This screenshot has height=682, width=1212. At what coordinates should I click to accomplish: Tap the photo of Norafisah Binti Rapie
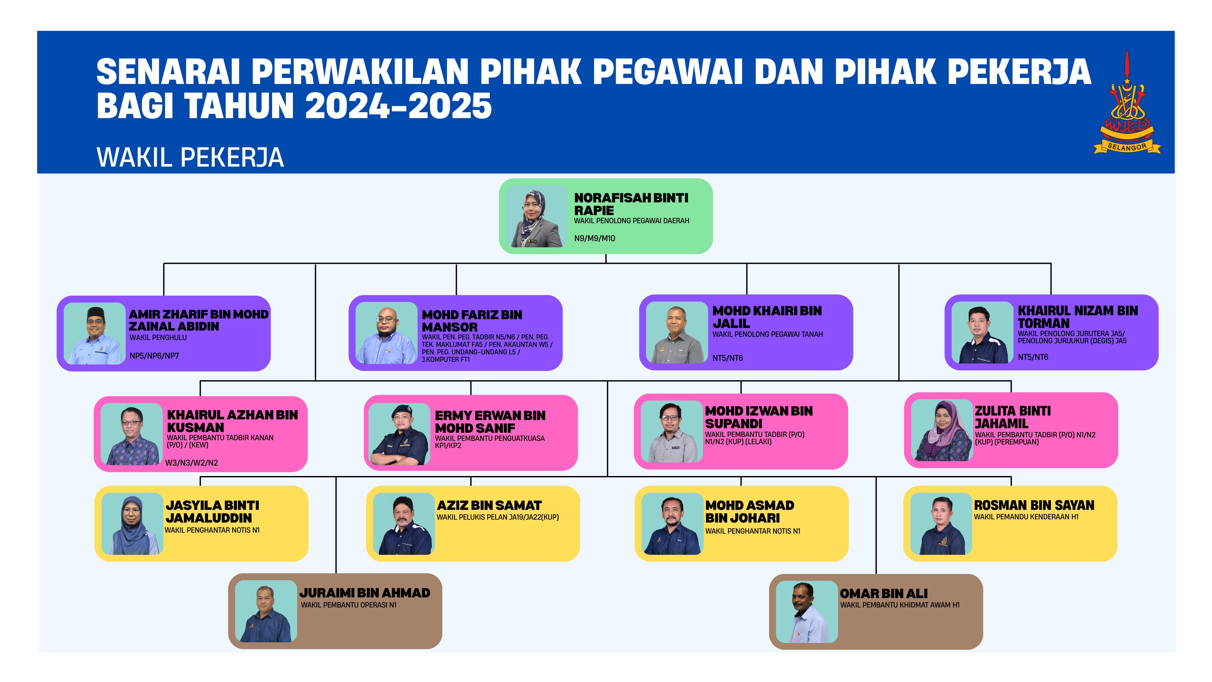[x=537, y=216]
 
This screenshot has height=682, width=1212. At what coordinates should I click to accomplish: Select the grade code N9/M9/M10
[x=595, y=239]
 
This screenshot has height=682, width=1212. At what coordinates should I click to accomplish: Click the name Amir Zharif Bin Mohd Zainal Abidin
[x=199, y=320]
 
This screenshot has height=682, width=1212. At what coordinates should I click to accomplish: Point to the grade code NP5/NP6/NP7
[x=154, y=356]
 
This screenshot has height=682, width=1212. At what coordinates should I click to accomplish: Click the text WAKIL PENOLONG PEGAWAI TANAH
[x=767, y=334]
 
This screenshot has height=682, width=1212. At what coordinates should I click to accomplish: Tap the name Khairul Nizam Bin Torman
[x=1078, y=317]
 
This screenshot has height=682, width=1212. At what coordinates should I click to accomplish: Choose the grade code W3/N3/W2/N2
[x=191, y=463]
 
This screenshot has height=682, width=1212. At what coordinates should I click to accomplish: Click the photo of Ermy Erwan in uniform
[x=399, y=434]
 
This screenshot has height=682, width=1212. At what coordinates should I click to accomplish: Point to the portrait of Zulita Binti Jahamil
[x=942, y=430]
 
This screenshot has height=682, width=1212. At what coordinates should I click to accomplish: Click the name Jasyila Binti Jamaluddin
[x=212, y=512]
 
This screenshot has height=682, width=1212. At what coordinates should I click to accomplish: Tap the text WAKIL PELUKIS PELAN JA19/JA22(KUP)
[x=498, y=517]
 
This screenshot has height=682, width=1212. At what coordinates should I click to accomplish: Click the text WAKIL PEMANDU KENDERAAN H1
[x=1026, y=517]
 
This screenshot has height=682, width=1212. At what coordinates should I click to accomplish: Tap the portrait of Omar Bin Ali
[x=807, y=612]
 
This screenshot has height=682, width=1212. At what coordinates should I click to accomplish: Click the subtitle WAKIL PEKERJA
[x=190, y=157]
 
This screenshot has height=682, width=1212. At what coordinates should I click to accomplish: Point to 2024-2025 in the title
[x=398, y=106]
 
